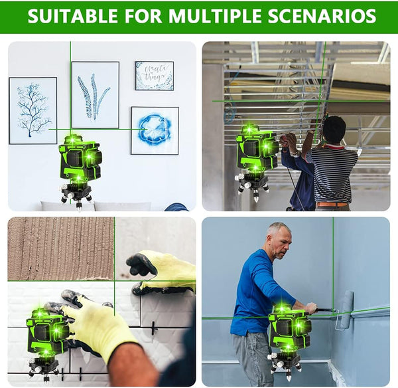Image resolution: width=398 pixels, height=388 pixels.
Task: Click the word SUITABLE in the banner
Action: pos(72,16)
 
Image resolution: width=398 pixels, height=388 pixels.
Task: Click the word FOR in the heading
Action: pos(143,16)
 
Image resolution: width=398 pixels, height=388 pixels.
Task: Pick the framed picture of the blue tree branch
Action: pos(33,110)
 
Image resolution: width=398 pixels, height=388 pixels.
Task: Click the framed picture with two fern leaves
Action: pos(96,95)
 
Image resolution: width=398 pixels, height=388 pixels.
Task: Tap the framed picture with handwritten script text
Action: pos(155,76)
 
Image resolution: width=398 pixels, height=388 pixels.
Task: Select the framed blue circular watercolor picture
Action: pos(155,131)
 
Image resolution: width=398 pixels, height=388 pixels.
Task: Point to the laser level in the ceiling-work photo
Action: pos(255,162)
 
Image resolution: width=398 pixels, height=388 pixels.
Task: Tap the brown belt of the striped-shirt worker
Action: pos(332,205)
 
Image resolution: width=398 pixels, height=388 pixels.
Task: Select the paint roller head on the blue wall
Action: pos(347,310)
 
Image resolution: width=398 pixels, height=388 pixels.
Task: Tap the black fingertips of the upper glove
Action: pos(141,265)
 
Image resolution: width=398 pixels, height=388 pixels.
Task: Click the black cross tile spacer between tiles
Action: pos(153,328)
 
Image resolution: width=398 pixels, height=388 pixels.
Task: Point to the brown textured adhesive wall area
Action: pos(61,248)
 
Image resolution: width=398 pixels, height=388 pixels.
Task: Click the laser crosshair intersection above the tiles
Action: pos(115,281)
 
